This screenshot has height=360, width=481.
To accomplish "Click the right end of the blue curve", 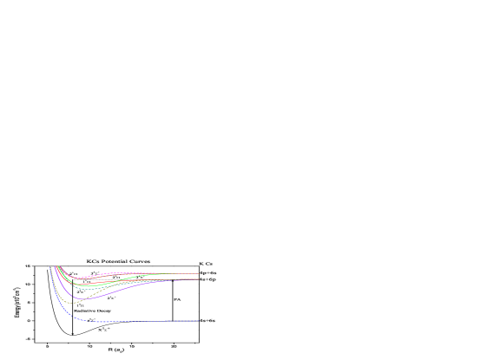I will pyautogui.click(x=199, y=321).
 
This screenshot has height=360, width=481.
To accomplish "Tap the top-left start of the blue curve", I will pyautogui.click(x=50, y=266).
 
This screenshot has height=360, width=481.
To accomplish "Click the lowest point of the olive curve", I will pyautogui.click(x=75, y=303).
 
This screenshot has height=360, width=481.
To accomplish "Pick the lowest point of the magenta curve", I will pyautogui.click(x=78, y=278).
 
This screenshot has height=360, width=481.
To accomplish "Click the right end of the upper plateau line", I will pyautogui.click(x=199, y=273).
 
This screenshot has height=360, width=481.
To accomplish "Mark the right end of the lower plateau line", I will pyautogui.click(x=199, y=278).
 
